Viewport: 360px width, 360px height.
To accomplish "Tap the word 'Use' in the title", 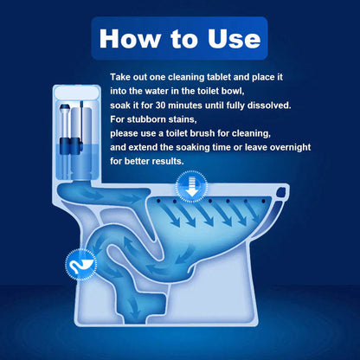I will tap(228, 38).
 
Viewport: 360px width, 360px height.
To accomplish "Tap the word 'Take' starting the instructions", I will tap(121, 77).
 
